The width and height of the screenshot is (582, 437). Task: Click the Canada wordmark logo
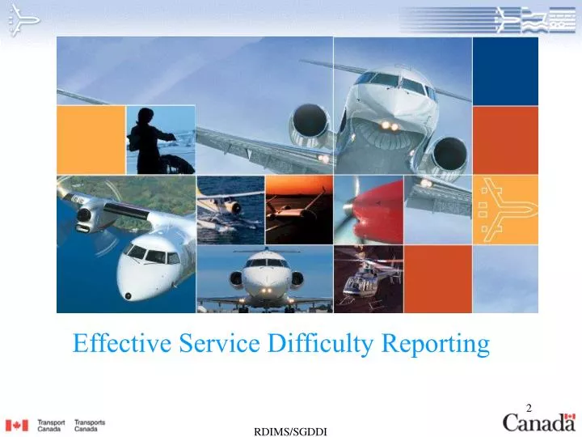coord(539,422)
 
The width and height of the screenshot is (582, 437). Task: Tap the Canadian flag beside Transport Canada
coord(16,425)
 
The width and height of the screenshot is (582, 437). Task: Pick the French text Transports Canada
coord(90,425)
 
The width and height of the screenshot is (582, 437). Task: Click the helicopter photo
coord(368,280)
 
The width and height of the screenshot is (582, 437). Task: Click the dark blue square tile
coord(505,70)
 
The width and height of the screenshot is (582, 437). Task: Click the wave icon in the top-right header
coord(533,19)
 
